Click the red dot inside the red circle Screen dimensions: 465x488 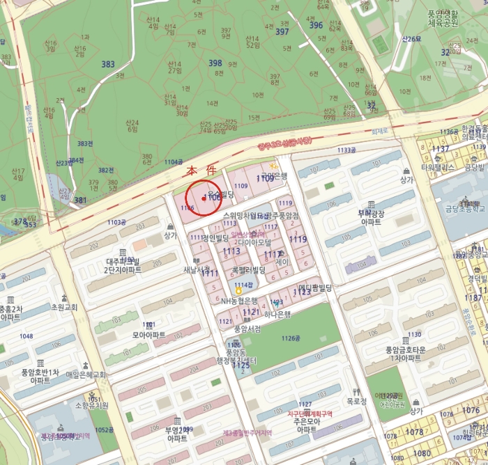[203, 199]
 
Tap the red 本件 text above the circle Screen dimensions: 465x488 [201, 171]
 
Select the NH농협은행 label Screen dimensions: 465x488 [239, 301]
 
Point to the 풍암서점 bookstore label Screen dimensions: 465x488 [247, 328]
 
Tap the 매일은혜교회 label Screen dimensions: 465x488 [85, 375]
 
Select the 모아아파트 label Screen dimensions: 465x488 [148, 335]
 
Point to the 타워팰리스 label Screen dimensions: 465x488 [437, 168]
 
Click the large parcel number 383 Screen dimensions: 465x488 [107, 64]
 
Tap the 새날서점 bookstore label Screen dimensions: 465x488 [197, 269]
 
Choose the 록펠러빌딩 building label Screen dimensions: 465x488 [249, 269]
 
